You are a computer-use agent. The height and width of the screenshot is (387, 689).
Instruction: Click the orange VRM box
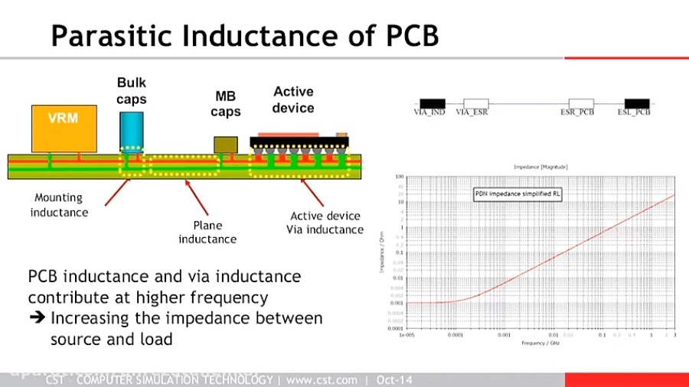(64, 128)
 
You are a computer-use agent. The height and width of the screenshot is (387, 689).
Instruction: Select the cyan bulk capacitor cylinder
(132, 130)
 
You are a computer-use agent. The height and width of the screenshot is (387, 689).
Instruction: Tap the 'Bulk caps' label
(132, 90)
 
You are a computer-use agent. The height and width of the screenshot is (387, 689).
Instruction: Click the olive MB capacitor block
(225, 145)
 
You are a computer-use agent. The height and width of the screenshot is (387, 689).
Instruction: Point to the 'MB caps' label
(227, 104)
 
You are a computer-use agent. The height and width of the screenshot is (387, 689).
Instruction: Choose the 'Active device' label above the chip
(293, 99)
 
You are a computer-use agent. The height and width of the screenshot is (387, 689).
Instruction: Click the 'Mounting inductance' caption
(59, 205)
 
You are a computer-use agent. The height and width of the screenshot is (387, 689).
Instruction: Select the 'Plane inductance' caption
(207, 232)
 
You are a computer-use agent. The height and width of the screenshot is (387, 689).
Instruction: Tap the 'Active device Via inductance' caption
(325, 223)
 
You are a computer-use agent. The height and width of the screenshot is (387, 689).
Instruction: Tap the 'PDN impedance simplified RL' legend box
(518, 195)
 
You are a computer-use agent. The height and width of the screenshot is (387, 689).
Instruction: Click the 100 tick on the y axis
(399, 176)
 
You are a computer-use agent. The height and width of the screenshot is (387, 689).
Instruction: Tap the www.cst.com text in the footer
(322, 380)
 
